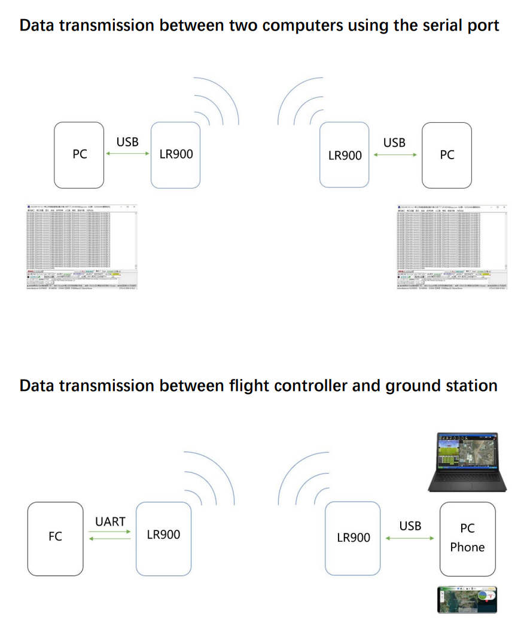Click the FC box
55,537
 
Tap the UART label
111,521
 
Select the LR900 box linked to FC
163,535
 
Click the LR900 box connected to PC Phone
353,538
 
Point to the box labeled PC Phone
467,537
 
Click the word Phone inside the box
467,547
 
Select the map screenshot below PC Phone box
468,599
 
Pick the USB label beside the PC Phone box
410,526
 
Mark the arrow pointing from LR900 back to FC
111,541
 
